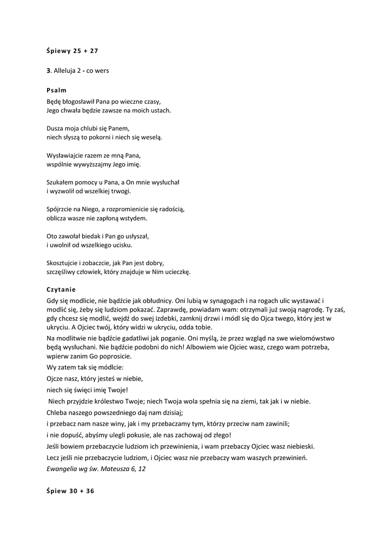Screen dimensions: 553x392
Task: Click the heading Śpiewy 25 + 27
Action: coord(72,51)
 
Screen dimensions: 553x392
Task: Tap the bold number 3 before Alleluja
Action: coord(48,71)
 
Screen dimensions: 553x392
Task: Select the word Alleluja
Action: coord(65,71)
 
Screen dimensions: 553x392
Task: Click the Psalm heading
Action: coord(56,90)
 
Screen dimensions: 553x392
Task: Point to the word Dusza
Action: coord(56,129)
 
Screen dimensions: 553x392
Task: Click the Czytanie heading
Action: coord(61,289)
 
